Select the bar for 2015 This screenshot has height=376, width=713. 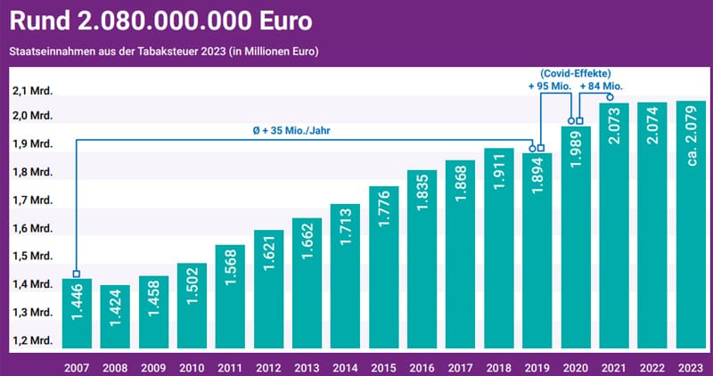[x=384, y=267]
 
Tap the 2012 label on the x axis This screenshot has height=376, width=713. [x=269, y=365]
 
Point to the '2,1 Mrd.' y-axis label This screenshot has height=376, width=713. [x=31, y=91]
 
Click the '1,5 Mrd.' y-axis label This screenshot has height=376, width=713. [x=31, y=257]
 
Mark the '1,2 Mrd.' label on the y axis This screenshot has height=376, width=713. [x=31, y=341]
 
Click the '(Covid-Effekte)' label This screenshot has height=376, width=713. [x=574, y=72]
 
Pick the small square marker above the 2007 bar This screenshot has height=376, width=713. [x=76, y=274]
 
